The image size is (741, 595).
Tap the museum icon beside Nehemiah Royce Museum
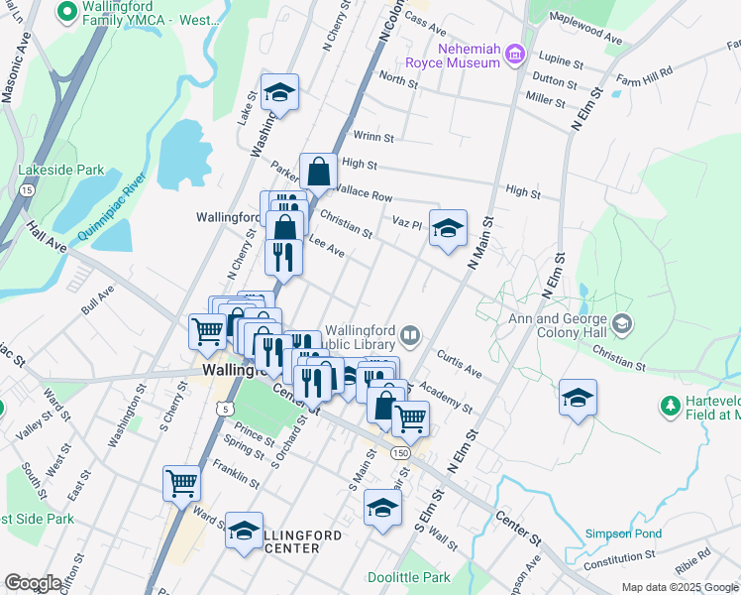tap(514, 54)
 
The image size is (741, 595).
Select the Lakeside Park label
tap(61, 170)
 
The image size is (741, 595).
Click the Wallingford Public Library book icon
tap(410, 334)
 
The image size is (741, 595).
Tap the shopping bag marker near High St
tap(319, 173)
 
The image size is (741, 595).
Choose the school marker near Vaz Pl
tap(448, 227)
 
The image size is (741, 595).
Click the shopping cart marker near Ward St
tap(182, 483)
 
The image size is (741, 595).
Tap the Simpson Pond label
tap(623, 533)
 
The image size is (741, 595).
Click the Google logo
tap(33, 583)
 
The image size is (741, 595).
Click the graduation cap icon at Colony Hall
tap(621, 323)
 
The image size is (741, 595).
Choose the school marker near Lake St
tap(280, 92)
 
